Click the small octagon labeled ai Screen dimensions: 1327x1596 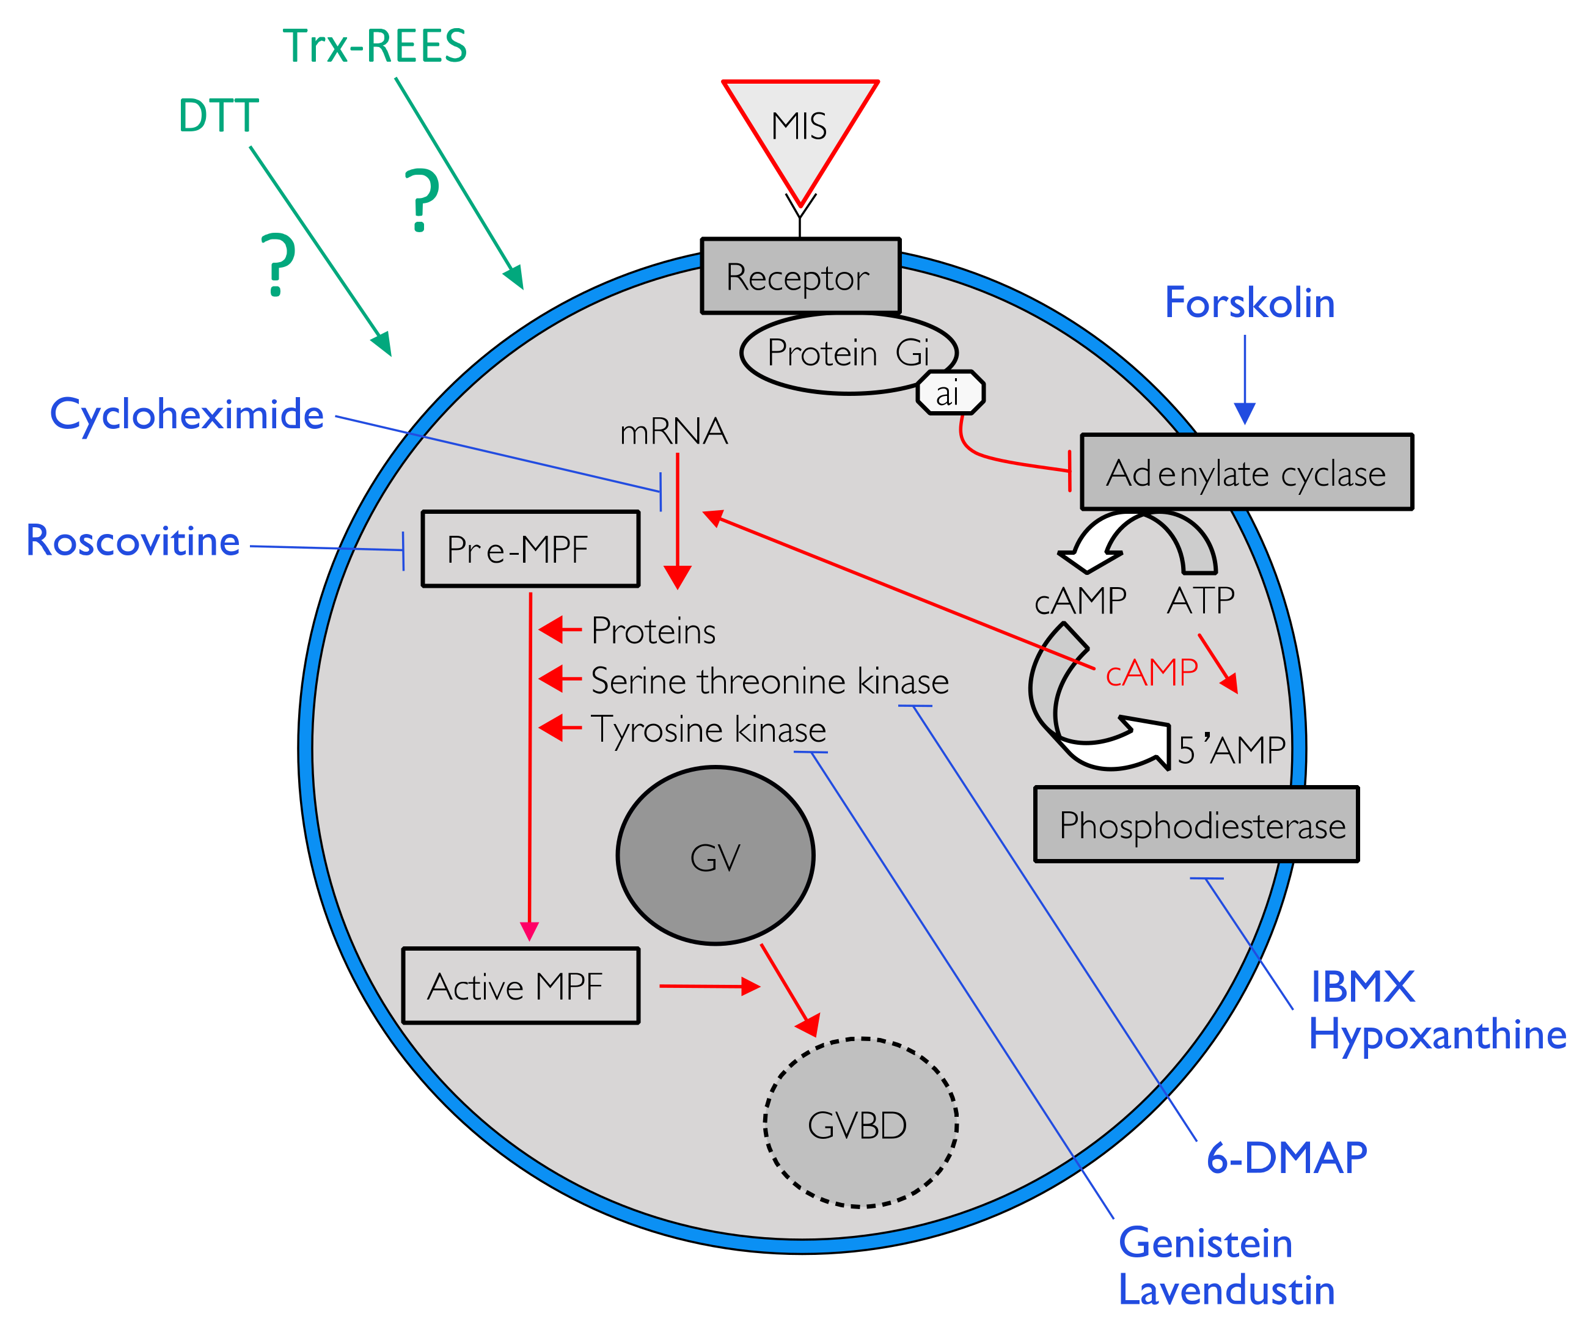(950, 393)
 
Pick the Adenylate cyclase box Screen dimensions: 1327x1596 (1246, 473)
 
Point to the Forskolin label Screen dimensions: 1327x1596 (1250, 303)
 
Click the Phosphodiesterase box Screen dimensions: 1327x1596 (1196, 825)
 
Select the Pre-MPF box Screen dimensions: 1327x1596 (530, 549)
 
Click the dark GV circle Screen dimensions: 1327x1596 (715, 857)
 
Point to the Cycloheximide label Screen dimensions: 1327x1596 (187, 415)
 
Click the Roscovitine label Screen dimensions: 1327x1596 (133, 541)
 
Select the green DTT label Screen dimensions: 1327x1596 (219, 116)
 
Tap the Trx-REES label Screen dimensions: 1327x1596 (375, 46)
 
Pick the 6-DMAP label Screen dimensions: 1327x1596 (1287, 1158)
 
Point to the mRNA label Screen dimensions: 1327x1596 (673, 432)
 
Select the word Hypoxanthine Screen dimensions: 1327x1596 (1437, 1035)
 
